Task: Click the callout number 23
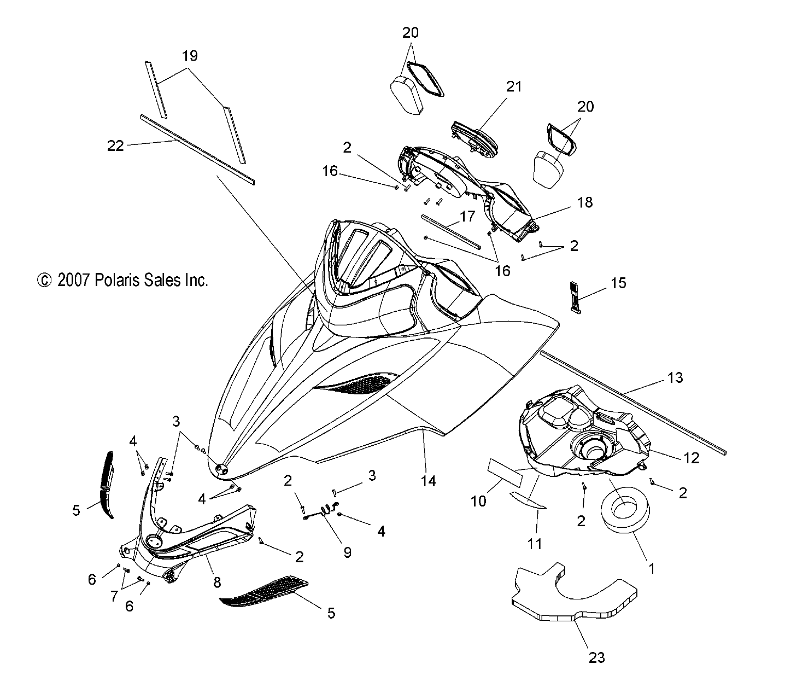coord(596,657)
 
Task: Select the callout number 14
coord(428,481)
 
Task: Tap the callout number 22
coord(115,146)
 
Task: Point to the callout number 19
coord(190,56)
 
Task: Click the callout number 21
coord(514,86)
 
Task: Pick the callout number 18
coord(585,202)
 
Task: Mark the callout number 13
coord(675,377)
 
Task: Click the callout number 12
coord(692,458)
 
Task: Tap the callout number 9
coord(348,552)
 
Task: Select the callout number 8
coord(217,582)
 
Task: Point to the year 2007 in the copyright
coord(74,280)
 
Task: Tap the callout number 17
coord(467,216)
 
